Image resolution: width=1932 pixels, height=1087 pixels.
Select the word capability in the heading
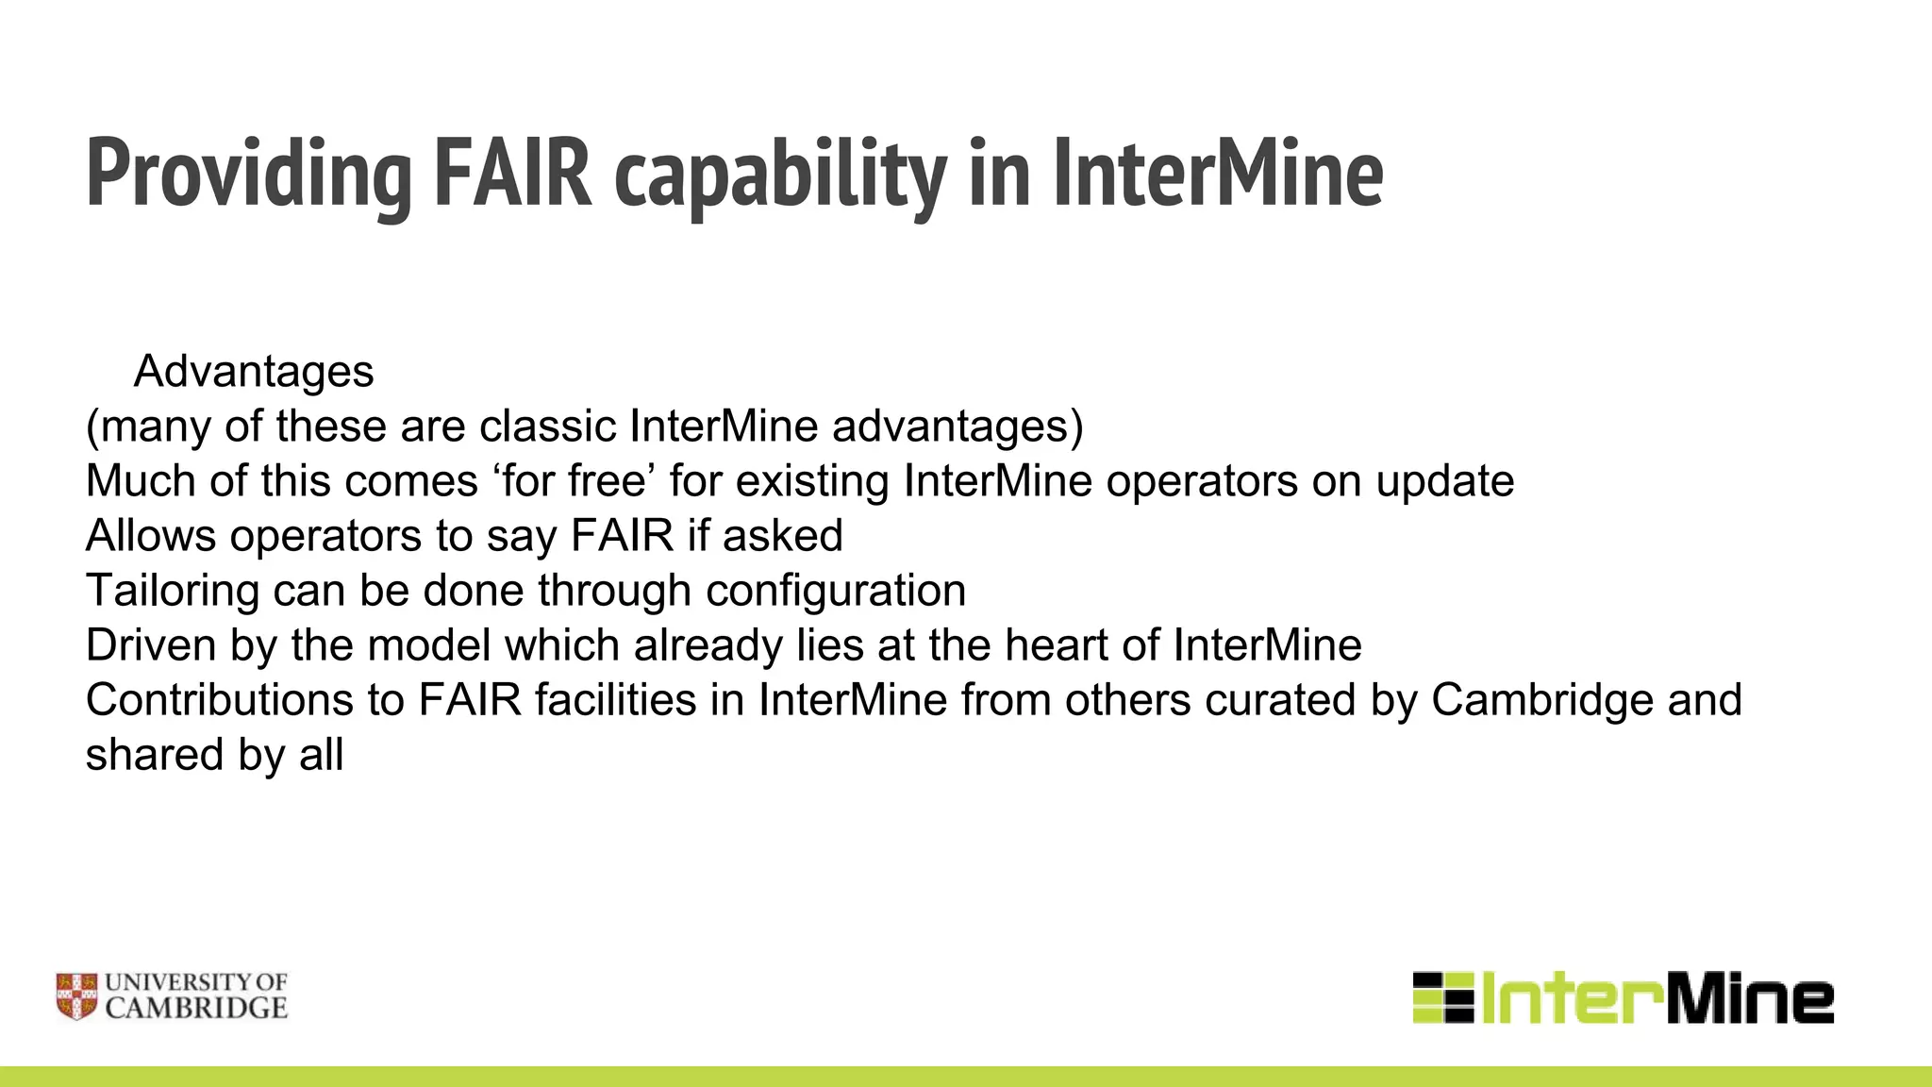click(780, 175)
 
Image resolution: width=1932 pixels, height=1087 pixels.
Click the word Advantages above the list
click(254, 372)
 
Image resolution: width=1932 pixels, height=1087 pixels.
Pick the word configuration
click(835, 591)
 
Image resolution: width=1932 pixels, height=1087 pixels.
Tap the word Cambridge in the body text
click(1541, 700)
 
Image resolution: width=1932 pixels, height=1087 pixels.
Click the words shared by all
click(214, 755)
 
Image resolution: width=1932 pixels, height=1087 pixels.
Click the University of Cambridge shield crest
click(76, 996)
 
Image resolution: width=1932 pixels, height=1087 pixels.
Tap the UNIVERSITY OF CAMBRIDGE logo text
click(195, 996)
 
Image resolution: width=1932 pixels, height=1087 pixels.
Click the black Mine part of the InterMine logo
click(1750, 998)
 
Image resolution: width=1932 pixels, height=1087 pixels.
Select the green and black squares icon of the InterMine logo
click(1442, 997)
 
